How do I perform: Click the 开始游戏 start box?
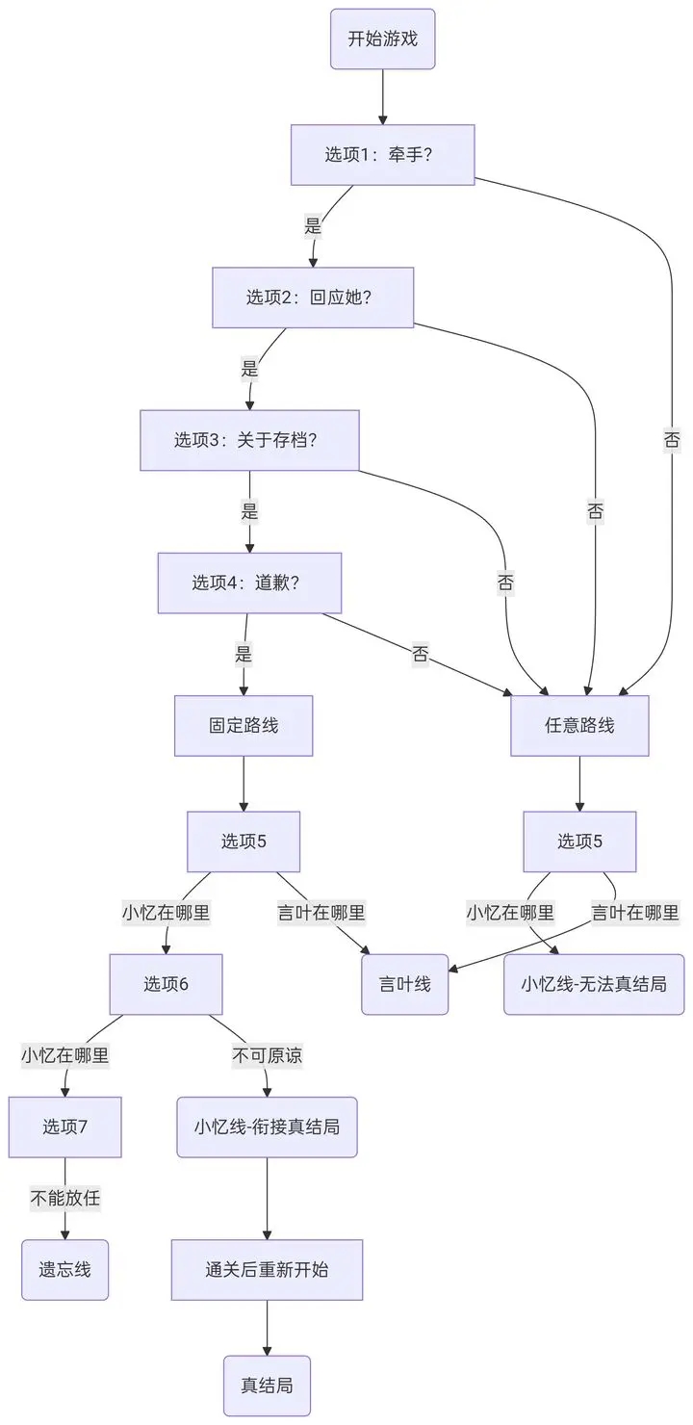(x=382, y=39)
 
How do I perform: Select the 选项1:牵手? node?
(x=382, y=154)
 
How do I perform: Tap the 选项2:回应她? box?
(x=312, y=298)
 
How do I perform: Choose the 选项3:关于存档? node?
(x=249, y=440)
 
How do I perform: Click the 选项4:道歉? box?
(x=249, y=583)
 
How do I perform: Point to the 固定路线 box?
(x=244, y=725)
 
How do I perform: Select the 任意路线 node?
(x=579, y=725)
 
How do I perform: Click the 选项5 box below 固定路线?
(x=244, y=841)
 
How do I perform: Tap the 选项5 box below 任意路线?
(x=579, y=841)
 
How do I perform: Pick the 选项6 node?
(x=166, y=984)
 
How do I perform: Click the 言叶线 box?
(x=404, y=984)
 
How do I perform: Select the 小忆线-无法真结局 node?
(x=593, y=984)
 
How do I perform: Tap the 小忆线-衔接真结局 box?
(x=267, y=1127)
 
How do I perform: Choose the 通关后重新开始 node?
(x=267, y=1269)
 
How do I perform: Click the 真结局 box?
(x=267, y=1386)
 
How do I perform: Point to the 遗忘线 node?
(x=64, y=1269)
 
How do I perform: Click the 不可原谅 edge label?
(x=267, y=1055)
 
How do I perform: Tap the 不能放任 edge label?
(x=64, y=1199)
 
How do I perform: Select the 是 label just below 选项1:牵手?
(x=313, y=227)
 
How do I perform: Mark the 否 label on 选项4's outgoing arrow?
(x=421, y=656)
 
